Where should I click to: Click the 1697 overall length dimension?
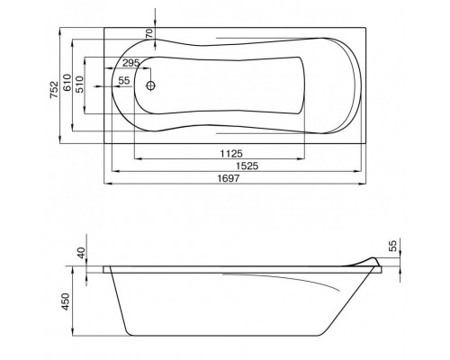pyautogui.click(x=229, y=178)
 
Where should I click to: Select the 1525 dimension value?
pyautogui.click(x=247, y=166)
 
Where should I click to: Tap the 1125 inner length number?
pyautogui.click(x=231, y=154)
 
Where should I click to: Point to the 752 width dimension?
pyautogui.click(x=54, y=89)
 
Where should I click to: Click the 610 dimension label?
pyautogui.click(x=67, y=82)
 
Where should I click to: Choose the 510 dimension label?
pyautogui.click(x=79, y=85)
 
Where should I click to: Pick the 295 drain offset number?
pyautogui.click(x=131, y=63)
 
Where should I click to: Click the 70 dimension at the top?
pyautogui.click(x=149, y=33)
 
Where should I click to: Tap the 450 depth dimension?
pyautogui.click(x=66, y=301)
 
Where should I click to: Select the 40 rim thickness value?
pyautogui.click(x=81, y=253)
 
